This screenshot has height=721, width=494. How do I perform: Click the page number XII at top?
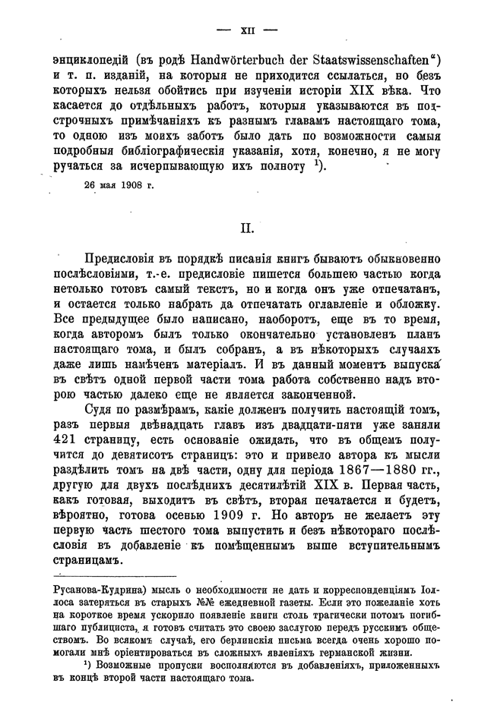coord(247,31)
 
